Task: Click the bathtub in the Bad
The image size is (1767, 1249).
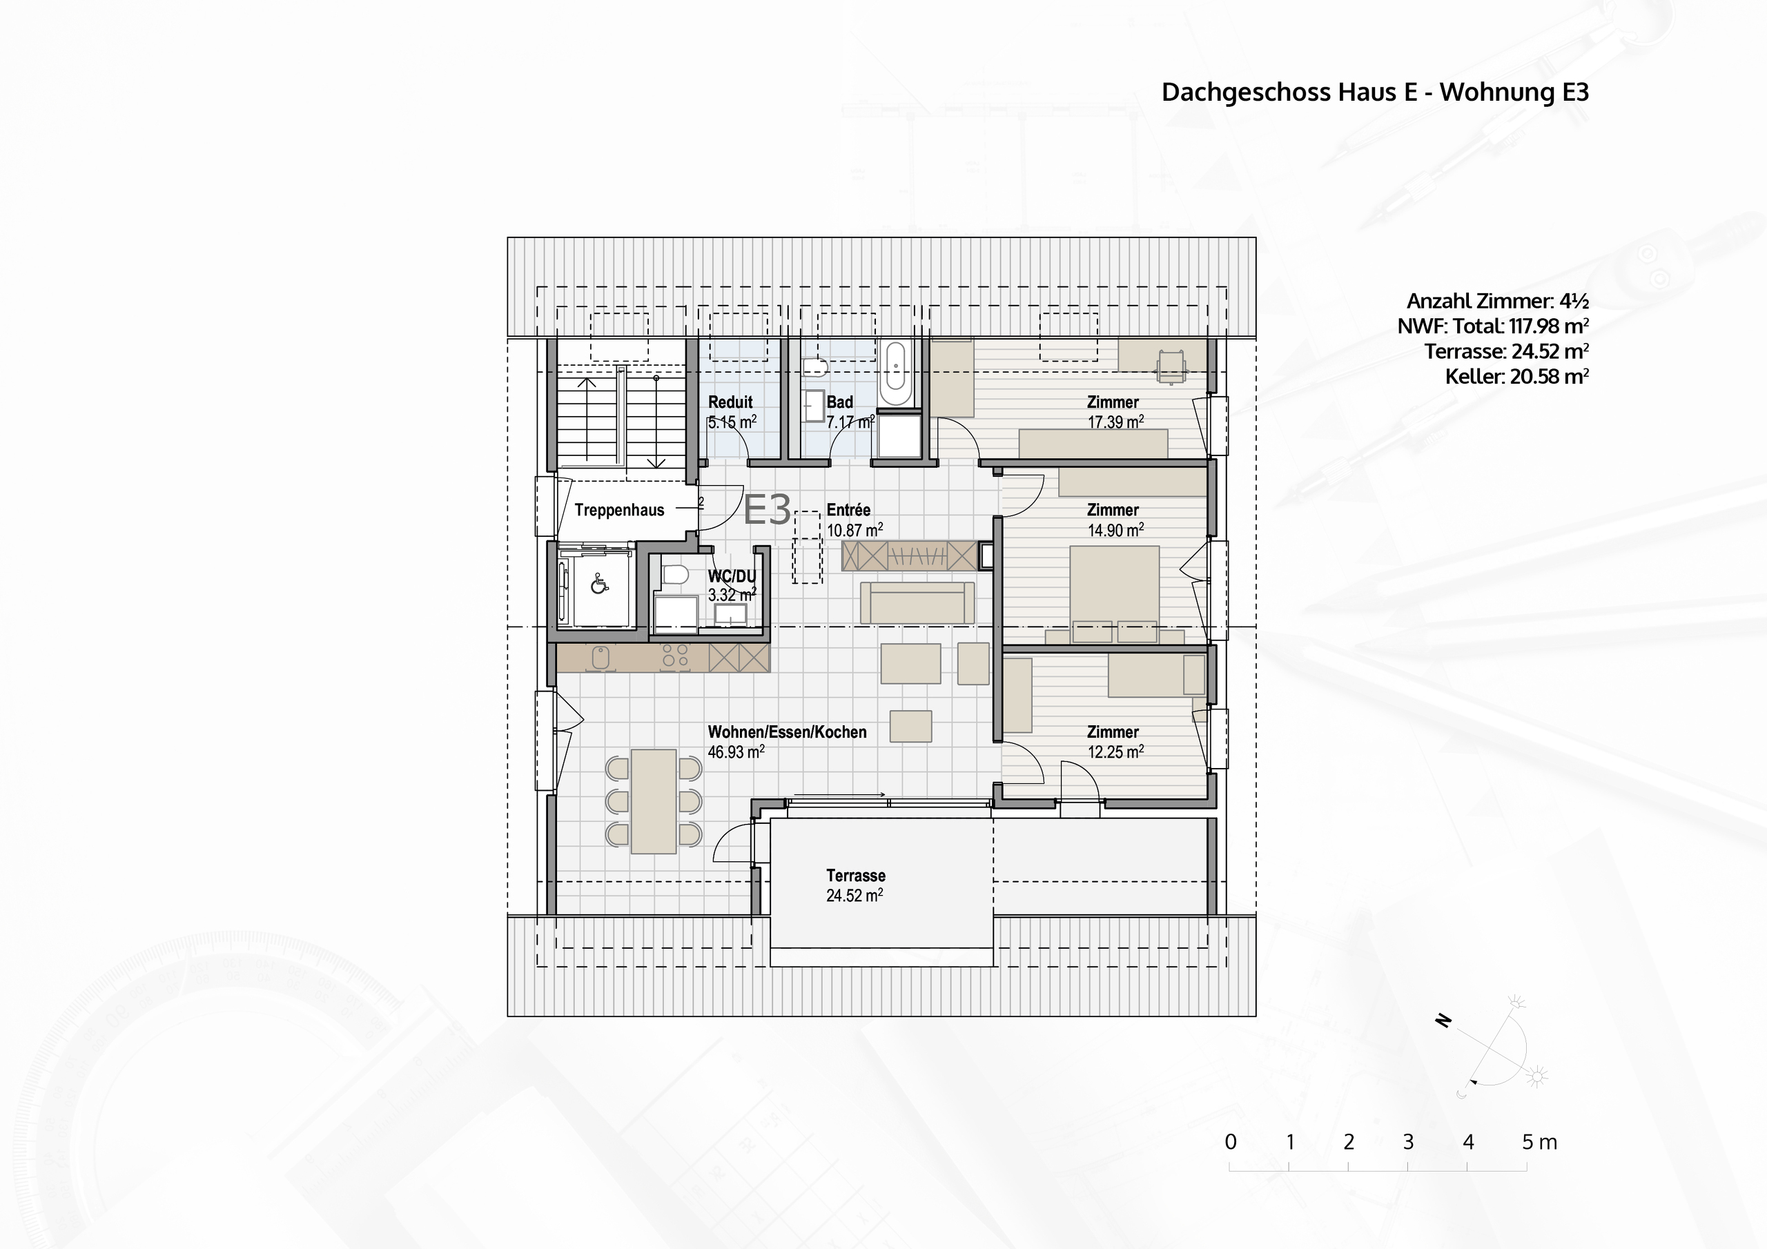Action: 895,374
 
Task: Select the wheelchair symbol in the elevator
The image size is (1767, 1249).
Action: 598,586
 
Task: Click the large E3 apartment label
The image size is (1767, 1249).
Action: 768,509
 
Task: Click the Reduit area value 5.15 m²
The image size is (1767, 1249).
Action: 732,422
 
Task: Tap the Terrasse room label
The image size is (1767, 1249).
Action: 855,876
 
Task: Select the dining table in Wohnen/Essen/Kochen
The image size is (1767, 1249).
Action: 654,801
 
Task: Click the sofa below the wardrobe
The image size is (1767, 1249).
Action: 917,603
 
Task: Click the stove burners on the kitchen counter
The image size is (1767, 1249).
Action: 675,656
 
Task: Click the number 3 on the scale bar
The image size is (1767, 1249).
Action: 1407,1142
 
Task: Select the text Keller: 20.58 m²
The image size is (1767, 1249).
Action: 1516,377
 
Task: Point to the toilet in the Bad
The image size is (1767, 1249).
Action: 814,368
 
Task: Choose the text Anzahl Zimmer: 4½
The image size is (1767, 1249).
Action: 1497,301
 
